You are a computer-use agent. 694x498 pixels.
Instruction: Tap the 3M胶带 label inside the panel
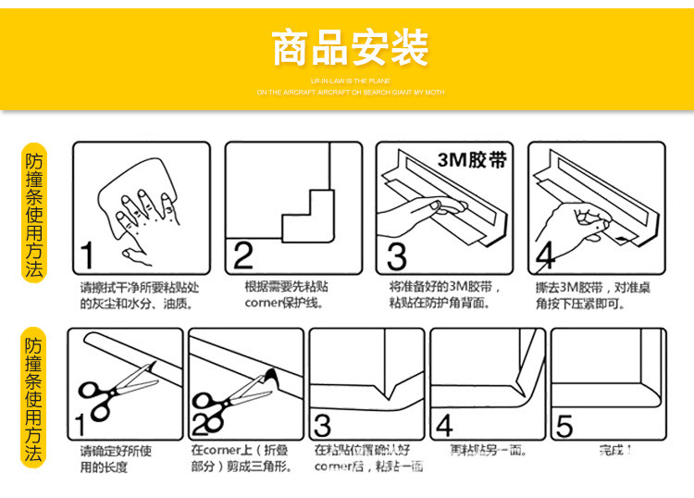pos(472,159)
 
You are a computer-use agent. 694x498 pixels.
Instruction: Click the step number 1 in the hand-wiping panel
pos(87,255)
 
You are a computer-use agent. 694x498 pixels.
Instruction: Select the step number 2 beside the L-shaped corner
pos(242,255)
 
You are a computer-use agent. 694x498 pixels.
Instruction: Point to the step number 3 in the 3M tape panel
pos(396,255)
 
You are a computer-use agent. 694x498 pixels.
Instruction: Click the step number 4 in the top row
pos(546,255)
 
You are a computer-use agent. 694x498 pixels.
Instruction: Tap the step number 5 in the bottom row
pos(564,426)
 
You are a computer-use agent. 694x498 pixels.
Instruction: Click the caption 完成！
pos(614,451)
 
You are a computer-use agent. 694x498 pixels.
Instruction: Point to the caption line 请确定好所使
pos(116,452)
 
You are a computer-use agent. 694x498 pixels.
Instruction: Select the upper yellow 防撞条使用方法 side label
pos(34,214)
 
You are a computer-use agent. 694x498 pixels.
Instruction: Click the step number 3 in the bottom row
pos(322,426)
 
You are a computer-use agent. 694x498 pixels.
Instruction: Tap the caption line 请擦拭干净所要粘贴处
pos(139,287)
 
